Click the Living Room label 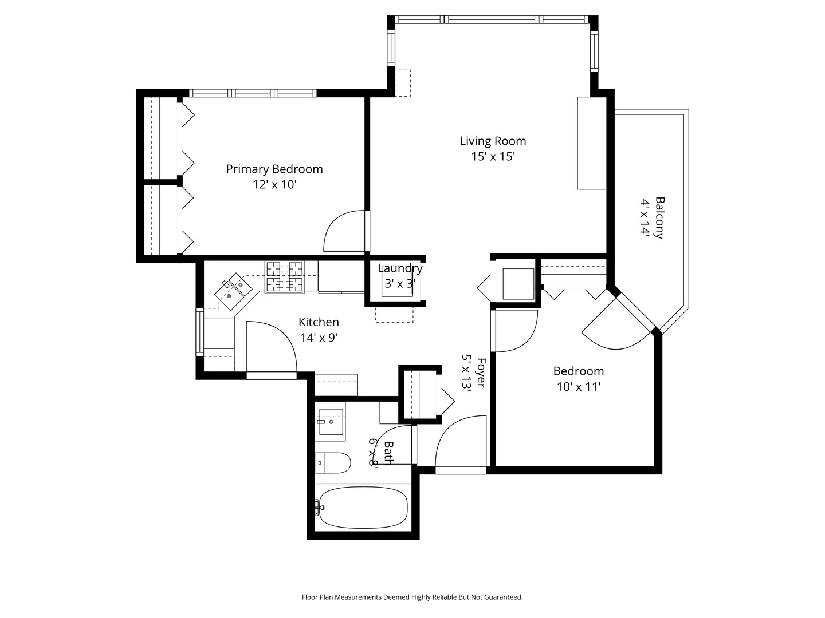[x=493, y=141]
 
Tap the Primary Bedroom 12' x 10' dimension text [x=275, y=185]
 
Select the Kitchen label [x=319, y=322]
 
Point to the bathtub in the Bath [x=363, y=508]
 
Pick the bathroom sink [x=331, y=422]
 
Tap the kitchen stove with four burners [x=285, y=277]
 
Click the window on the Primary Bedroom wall [x=253, y=93]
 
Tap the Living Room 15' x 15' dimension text [x=493, y=156]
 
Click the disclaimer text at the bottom [x=412, y=597]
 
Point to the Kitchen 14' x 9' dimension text [x=319, y=338]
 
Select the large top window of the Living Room [x=493, y=19]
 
